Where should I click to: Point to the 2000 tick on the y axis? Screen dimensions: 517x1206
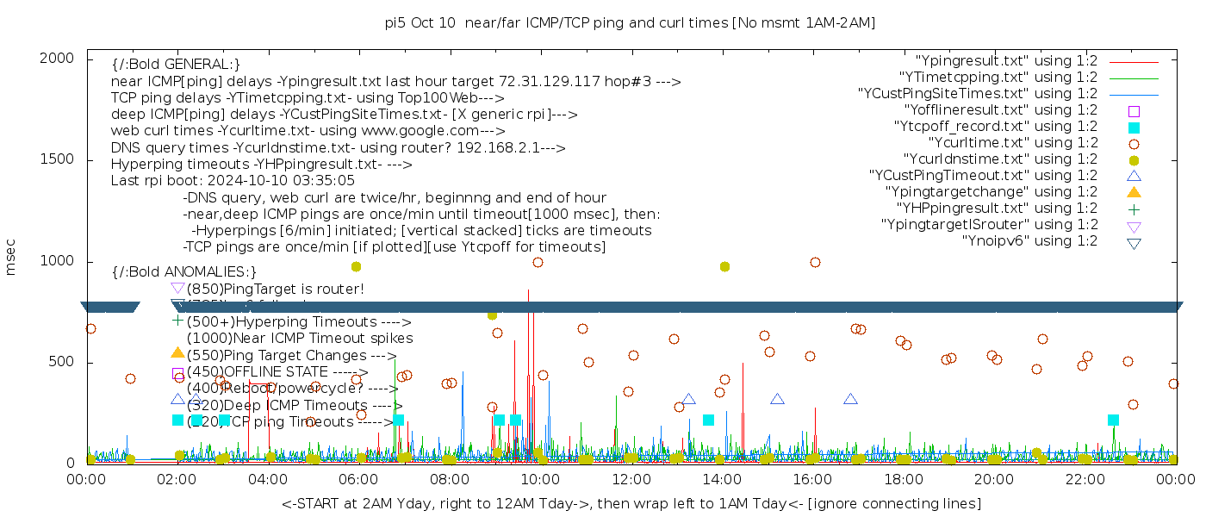[x=61, y=58]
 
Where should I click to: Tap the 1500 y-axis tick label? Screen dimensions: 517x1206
[x=61, y=159]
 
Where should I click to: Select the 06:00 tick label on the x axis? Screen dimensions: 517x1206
[x=359, y=479]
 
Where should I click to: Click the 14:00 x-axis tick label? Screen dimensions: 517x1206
[x=722, y=479]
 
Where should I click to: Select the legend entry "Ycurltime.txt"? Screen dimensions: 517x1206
[x=1013, y=143]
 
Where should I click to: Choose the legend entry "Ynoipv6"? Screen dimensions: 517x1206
[x=1030, y=241]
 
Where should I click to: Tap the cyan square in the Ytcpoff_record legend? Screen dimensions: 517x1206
[x=1134, y=128]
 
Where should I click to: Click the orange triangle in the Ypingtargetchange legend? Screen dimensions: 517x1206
[x=1134, y=191]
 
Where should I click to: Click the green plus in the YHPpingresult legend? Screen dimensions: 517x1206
[x=1134, y=209]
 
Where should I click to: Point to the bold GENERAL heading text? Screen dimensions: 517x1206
[x=176, y=65]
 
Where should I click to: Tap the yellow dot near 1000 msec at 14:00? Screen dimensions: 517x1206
[x=724, y=267]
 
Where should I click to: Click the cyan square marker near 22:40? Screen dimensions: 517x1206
[x=1113, y=420]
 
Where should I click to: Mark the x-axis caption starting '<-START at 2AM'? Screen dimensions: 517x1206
[x=631, y=503]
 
